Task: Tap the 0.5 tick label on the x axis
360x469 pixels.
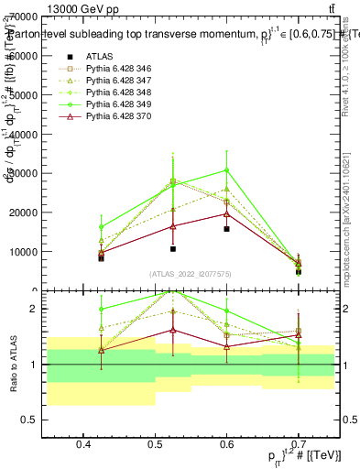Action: [155, 444]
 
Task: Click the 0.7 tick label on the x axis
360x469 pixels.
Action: [298, 444]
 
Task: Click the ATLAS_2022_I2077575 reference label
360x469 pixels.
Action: [191, 274]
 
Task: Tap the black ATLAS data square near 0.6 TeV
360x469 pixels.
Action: [226, 229]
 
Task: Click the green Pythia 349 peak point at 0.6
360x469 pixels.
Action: [226, 169]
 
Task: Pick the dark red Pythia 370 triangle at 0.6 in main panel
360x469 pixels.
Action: [226, 213]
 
